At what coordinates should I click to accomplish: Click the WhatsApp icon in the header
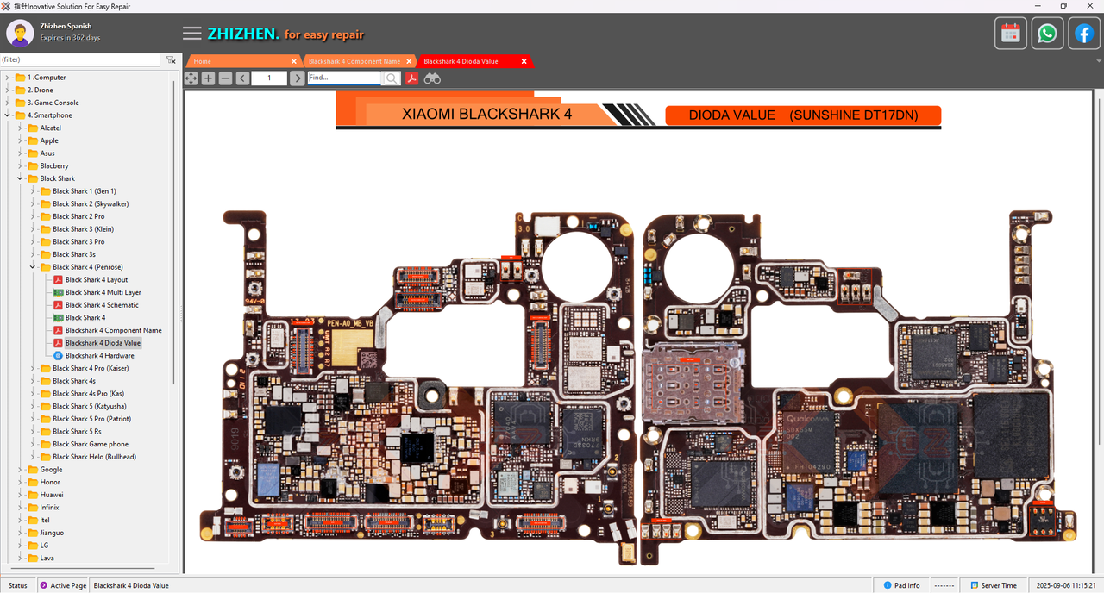[x=1047, y=34]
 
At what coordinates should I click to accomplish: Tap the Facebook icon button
[x=1083, y=34]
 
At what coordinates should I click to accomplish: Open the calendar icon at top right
[x=1011, y=34]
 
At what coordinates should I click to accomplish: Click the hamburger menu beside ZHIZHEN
[x=192, y=34]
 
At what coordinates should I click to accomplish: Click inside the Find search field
[x=344, y=78]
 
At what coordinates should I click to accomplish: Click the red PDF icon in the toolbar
[x=412, y=78]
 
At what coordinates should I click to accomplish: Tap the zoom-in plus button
[x=208, y=78]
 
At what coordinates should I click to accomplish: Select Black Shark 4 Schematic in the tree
[x=102, y=305]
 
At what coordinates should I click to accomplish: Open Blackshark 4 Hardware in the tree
[x=99, y=356]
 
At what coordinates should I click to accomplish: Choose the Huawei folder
[x=51, y=495]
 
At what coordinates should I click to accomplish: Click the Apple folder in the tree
[x=49, y=140]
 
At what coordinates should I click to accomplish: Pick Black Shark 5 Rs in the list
[x=77, y=432]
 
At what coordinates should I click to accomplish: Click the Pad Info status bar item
[x=900, y=585]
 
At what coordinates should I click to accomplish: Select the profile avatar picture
[x=20, y=33]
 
